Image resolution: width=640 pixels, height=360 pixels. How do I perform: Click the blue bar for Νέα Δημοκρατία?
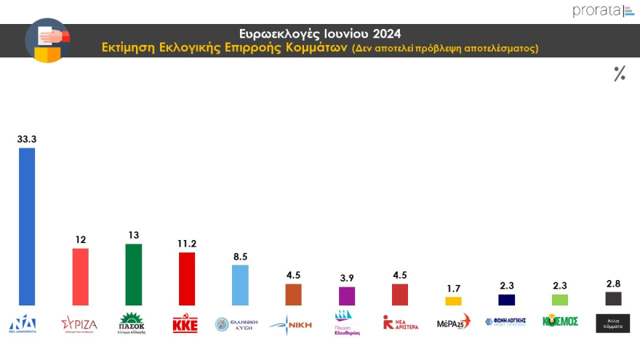point(27,226)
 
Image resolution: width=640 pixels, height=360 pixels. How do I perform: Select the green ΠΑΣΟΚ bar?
point(133,274)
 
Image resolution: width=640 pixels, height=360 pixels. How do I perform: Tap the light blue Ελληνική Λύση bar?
point(240,284)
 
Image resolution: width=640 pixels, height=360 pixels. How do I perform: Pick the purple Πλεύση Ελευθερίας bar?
point(347,296)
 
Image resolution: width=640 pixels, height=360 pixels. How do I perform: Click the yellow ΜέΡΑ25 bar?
point(453,301)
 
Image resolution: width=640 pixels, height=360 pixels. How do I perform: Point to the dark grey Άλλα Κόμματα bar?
point(613,298)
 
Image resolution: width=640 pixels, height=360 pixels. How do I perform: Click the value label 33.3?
point(27,137)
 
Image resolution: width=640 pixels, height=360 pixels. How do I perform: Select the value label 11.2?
point(187,243)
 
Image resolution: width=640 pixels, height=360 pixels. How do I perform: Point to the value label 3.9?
point(347,278)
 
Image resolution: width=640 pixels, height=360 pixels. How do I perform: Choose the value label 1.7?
point(453,287)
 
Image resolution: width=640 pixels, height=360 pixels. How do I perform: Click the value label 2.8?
point(613,282)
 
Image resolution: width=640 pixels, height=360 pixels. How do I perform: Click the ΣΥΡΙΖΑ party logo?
point(79,324)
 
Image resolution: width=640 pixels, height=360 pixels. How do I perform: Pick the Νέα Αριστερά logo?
point(401,323)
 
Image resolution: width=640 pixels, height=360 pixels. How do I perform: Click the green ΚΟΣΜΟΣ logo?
point(560,321)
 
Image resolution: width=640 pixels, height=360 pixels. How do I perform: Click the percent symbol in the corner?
point(620,73)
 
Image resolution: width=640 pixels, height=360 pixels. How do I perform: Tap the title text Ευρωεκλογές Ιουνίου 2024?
point(320,33)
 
